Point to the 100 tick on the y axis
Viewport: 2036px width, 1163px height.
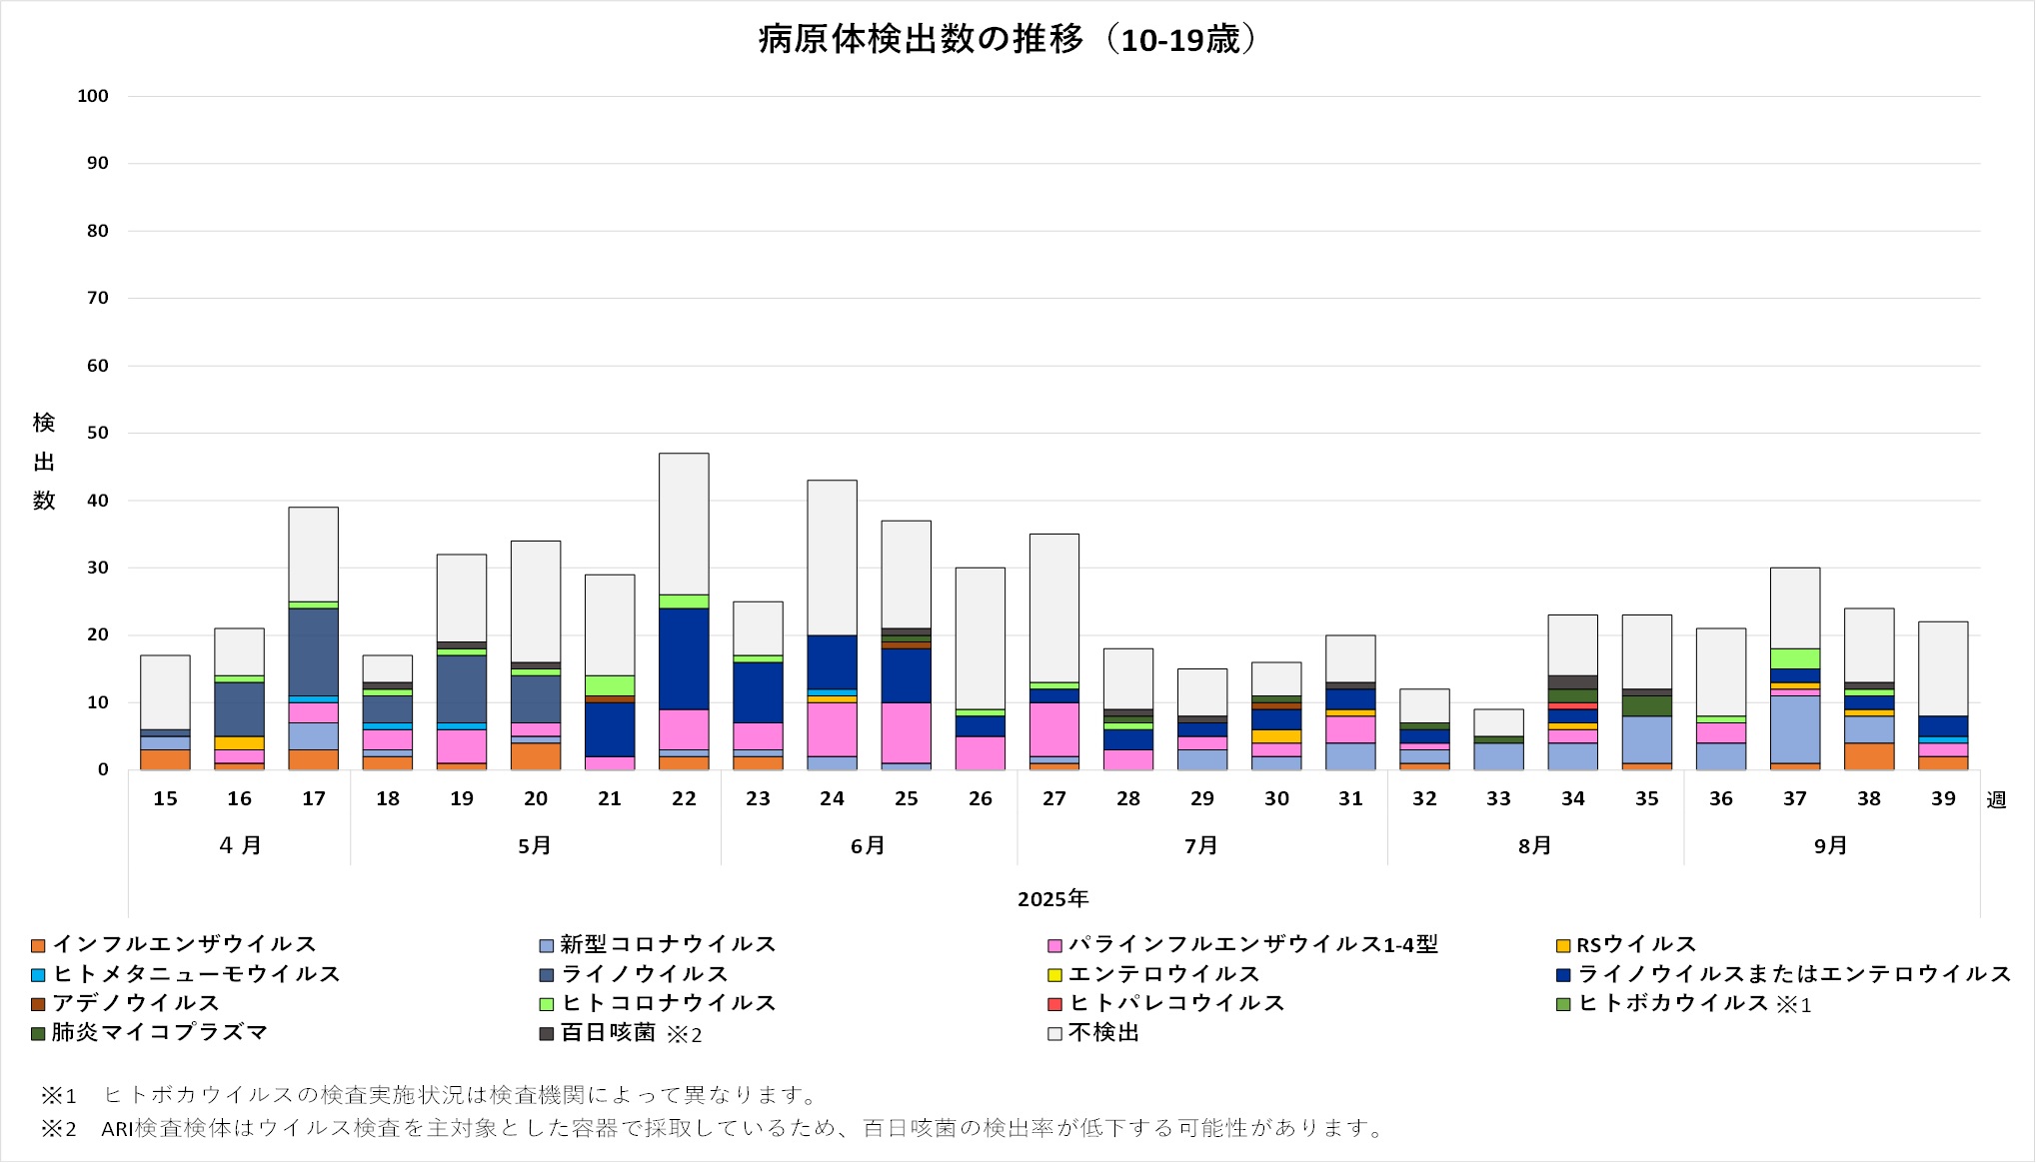pyautogui.click(x=93, y=96)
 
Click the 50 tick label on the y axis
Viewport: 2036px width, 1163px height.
pyautogui.click(x=97, y=433)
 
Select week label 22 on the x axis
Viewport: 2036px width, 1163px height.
pyautogui.click(x=684, y=798)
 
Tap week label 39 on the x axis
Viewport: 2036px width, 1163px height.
pyautogui.click(x=1943, y=798)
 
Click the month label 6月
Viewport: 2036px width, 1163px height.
pyautogui.click(x=868, y=846)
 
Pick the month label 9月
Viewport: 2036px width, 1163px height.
pyautogui.click(x=1831, y=846)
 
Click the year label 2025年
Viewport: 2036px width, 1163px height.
pyautogui.click(x=1052, y=899)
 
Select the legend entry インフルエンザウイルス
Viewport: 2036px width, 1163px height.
pyautogui.click(x=184, y=944)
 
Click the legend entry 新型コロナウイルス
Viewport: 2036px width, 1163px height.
pyautogui.click(x=668, y=944)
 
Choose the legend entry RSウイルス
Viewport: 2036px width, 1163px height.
pyautogui.click(x=1636, y=944)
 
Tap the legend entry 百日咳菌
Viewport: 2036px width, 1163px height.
pyautogui.click(x=608, y=1033)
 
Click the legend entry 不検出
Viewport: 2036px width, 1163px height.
pyautogui.click(x=1103, y=1033)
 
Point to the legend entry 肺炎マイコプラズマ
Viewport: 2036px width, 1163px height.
pyautogui.click(x=160, y=1033)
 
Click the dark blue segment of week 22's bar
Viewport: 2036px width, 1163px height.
pyautogui.click(x=684, y=658)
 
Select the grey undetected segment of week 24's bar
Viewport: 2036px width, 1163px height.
pyautogui.click(x=832, y=558)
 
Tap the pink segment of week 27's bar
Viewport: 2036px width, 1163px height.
pyautogui.click(x=1054, y=729)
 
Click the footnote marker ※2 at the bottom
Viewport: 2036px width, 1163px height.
pyautogui.click(x=58, y=1129)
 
